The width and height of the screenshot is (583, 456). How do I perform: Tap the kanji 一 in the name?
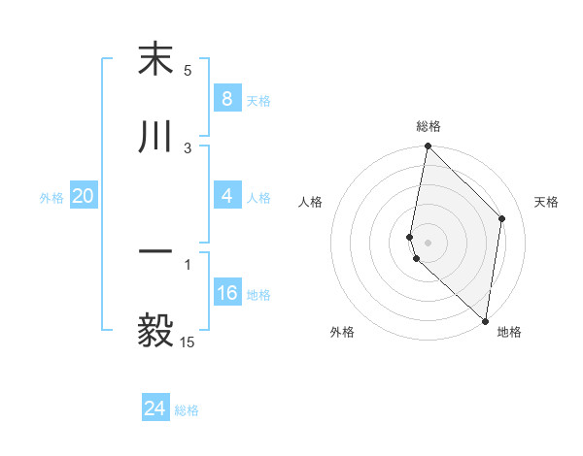coord(155,251)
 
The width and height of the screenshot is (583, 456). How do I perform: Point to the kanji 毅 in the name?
coord(155,329)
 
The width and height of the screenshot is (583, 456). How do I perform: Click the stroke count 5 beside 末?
coord(188,71)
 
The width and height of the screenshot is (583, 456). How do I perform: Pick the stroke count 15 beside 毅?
coord(188,342)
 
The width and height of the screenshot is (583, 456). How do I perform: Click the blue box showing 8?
coord(226,98)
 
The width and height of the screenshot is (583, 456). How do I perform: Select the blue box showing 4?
coord(226,196)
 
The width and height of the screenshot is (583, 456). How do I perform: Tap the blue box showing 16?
coord(226,293)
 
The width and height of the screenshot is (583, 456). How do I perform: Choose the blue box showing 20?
coord(84,196)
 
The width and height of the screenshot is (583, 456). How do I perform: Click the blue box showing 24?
coord(155,408)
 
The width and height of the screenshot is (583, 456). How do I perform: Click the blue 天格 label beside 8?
coord(258,100)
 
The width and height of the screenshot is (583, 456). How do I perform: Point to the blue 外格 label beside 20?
coord(51,197)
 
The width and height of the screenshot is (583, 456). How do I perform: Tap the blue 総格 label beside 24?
coord(187,410)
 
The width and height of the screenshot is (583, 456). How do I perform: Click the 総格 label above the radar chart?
coord(429,127)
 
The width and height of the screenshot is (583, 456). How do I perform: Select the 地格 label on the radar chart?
coord(509,332)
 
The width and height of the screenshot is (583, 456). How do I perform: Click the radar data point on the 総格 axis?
coord(428,147)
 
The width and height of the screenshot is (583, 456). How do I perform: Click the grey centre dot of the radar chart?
coord(429,242)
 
